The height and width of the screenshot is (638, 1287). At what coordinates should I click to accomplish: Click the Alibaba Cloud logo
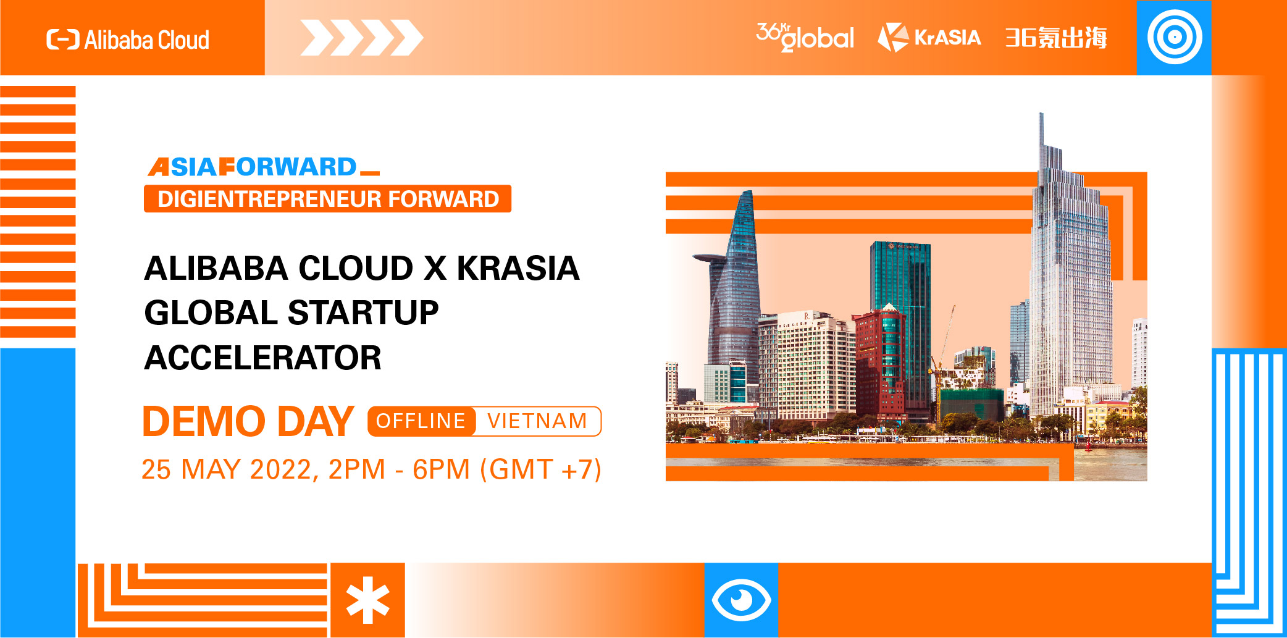click(x=128, y=40)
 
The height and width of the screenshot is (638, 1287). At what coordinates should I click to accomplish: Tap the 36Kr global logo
click(x=805, y=37)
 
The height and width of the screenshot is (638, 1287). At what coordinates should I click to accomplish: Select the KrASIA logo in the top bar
click(x=929, y=37)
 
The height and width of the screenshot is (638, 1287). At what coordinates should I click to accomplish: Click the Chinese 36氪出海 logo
click(x=1056, y=38)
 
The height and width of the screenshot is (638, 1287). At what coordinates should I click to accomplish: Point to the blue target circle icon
click(x=1174, y=37)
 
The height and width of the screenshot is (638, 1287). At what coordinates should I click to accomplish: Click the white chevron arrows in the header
click(x=361, y=38)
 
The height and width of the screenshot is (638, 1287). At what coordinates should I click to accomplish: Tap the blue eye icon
click(x=741, y=600)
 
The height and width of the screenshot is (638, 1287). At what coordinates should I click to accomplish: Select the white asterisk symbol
click(x=367, y=600)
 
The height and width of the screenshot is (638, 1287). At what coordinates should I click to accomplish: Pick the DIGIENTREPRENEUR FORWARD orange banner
click(x=327, y=199)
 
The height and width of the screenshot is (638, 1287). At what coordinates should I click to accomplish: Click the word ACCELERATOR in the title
click(x=263, y=358)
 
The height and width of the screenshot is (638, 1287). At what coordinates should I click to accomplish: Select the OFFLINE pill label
click(x=421, y=421)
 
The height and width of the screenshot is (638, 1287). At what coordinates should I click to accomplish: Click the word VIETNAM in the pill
click(x=537, y=421)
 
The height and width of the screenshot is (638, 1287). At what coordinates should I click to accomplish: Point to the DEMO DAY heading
click(x=248, y=422)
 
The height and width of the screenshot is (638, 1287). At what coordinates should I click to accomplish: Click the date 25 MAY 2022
click(x=227, y=469)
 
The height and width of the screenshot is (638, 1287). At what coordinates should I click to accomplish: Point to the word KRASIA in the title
click(x=518, y=268)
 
